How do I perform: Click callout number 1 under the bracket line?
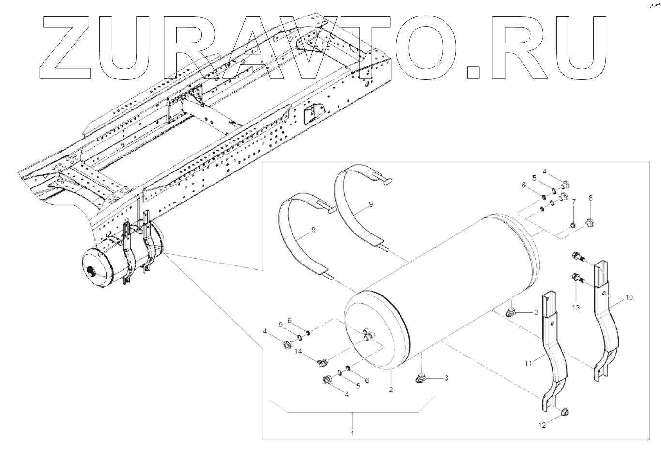click(352, 433)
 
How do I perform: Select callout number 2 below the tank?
click(390, 389)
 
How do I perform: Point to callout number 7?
click(574, 201)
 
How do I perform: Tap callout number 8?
click(590, 198)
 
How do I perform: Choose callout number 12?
click(542, 425)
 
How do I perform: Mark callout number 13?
click(576, 307)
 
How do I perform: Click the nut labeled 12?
click(564, 412)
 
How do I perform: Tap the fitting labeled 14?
click(322, 362)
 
